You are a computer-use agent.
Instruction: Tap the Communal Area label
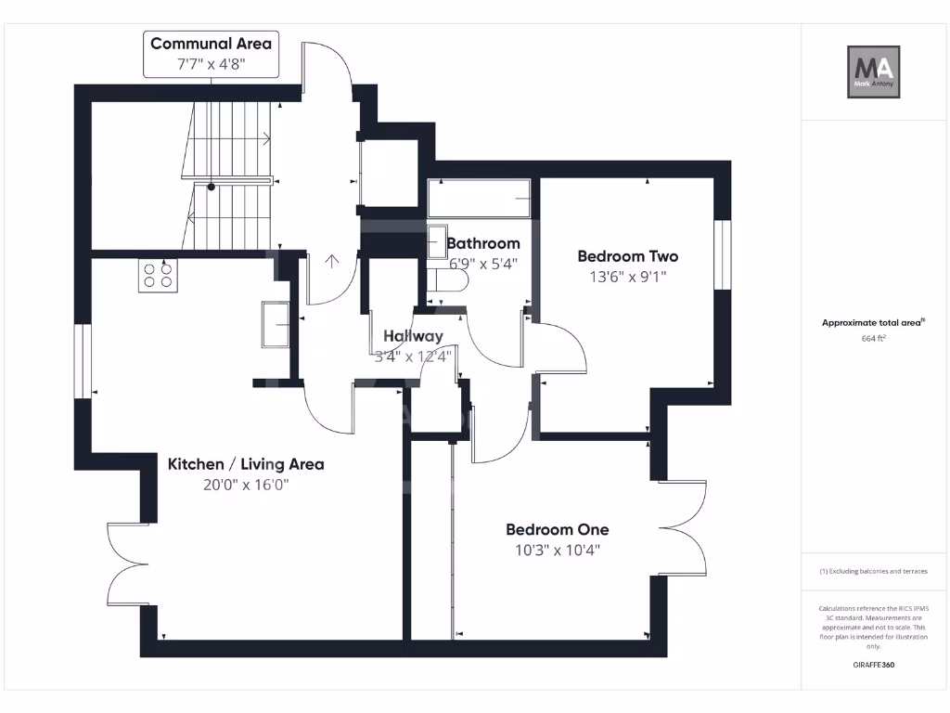point(211,44)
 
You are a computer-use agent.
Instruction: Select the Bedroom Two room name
point(627,256)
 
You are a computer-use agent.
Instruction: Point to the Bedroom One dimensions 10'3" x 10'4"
point(558,550)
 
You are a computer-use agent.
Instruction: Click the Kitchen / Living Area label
point(245,464)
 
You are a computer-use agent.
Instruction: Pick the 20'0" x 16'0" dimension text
point(245,485)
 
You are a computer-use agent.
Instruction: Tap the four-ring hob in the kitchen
point(158,276)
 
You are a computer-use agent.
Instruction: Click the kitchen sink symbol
point(276,325)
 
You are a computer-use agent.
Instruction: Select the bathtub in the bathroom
point(479,199)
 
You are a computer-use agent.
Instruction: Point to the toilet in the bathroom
point(452,279)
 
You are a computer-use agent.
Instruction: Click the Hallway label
point(413,336)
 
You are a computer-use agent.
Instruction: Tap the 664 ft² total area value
point(873,339)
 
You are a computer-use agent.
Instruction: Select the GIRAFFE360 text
point(873,665)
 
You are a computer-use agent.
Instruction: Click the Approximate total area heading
point(873,323)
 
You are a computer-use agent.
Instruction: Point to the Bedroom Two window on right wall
point(722,255)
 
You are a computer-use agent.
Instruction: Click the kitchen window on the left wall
point(83,361)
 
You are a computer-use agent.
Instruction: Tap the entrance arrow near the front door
point(331,259)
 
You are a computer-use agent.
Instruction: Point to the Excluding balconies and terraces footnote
point(873,572)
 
